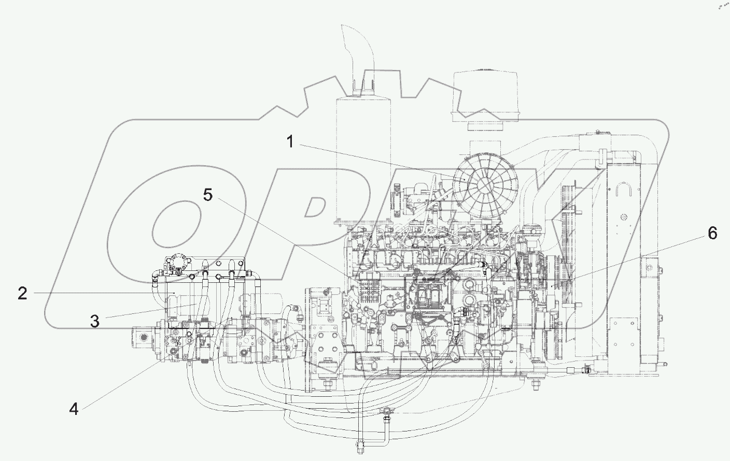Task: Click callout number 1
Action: (290, 141)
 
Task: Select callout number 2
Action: (22, 294)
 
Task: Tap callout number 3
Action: (94, 321)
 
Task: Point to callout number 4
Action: (74, 409)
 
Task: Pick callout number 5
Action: (207, 195)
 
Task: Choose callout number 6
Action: (712, 234)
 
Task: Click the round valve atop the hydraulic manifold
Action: (180, 261)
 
